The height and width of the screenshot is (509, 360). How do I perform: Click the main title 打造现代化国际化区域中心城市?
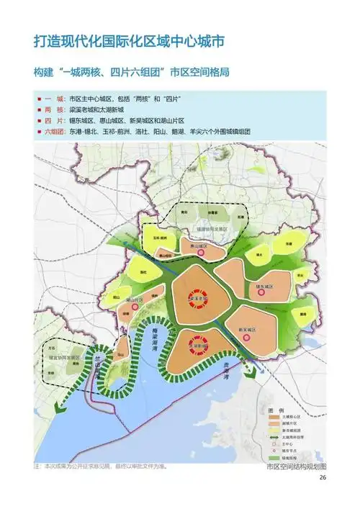(129, 42)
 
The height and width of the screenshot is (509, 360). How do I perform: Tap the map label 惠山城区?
(198, 246)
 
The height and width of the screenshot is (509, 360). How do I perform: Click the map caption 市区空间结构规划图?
(296, 467)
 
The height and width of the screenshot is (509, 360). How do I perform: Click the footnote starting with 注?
(101, 467)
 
